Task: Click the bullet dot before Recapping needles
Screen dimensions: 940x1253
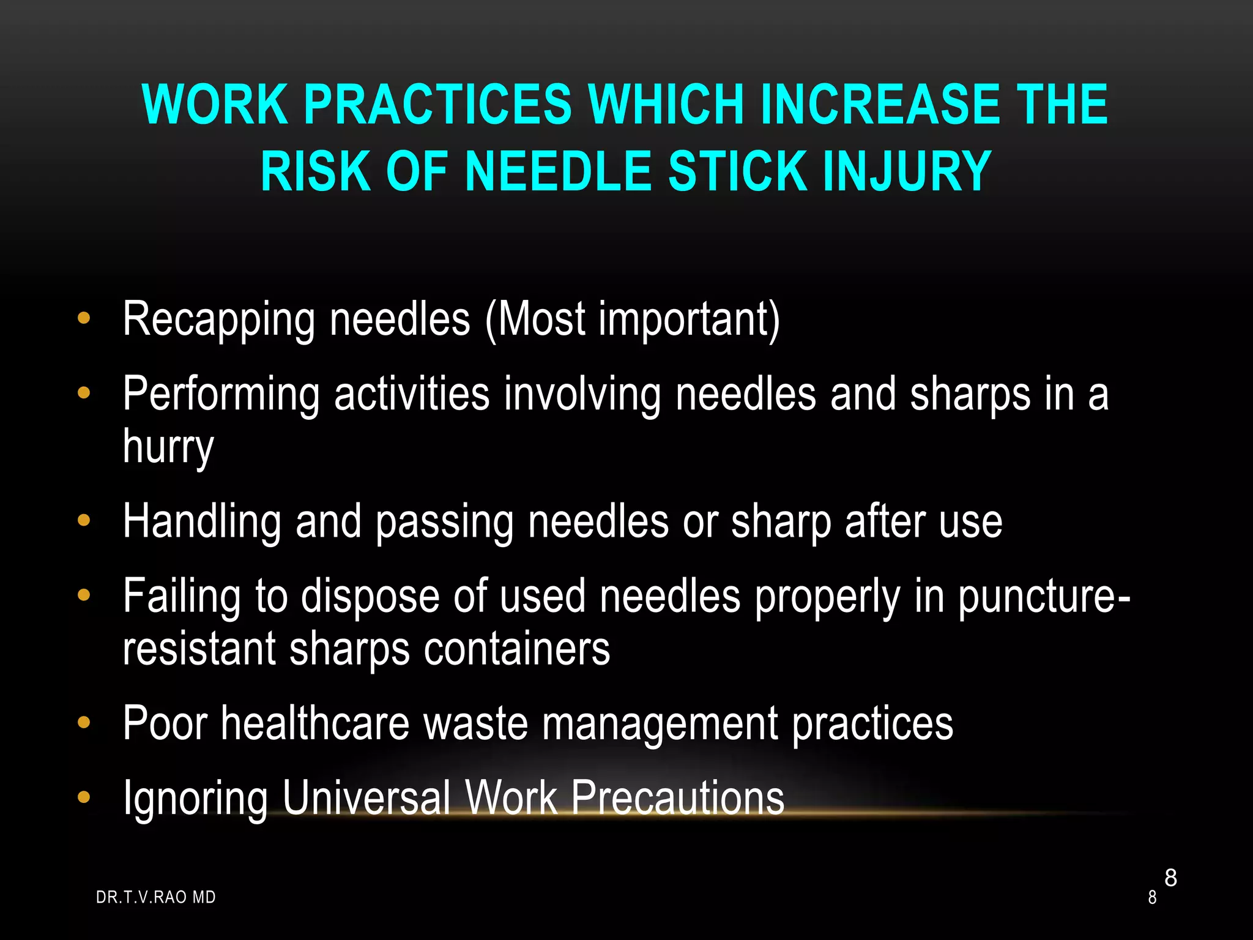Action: pyautogui.click(x=84, y=318)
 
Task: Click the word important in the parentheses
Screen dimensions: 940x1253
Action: pyautogui.click(x=689, y=319)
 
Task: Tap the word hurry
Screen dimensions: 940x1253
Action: pyautogui.click(x=168, y=447)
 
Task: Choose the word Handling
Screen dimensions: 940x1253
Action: pyautogui.click(x=202, y=521)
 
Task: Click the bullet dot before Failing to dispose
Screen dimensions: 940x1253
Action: pyautogui.click(x=84, y=594)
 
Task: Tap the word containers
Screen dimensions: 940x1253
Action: pyautogui.click(x=517, y=649)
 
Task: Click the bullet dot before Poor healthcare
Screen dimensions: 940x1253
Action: pyautogui.click(x=84, y=723)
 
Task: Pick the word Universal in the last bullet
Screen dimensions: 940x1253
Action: pyautogui.click(x=366, y=797)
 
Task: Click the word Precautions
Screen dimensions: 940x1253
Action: pyautogui.click(x=677, y=797)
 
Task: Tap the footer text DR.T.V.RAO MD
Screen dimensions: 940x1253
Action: pyautogui.click(x=156, y=897)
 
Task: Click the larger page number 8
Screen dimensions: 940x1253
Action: pyautogui.click(x=1170, y=878)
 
